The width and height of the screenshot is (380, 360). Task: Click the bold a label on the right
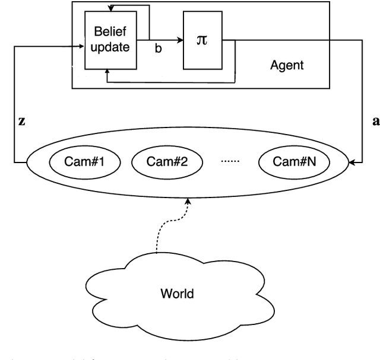coord(374,120)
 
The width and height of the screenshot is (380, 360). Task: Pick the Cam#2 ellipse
coord(167,161)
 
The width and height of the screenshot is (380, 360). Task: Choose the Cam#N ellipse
coord(294,161)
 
